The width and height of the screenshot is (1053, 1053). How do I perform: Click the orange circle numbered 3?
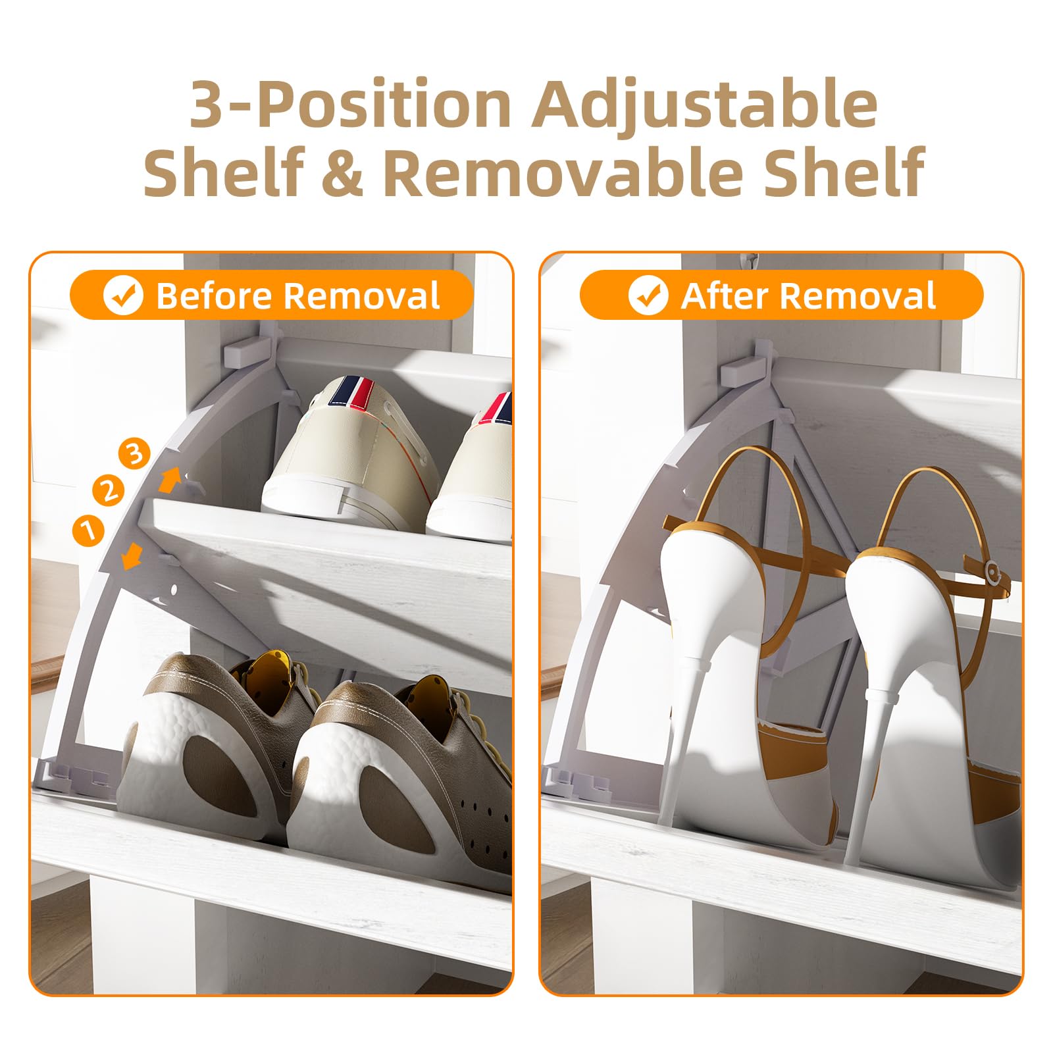(134, 454)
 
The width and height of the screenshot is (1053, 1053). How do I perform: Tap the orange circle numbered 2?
(109, 490)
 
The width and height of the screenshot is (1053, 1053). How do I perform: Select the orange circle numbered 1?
(88, 530)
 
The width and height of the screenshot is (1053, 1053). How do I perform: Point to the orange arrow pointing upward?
(170, 479)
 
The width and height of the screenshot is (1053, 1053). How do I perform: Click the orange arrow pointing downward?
(132, 557)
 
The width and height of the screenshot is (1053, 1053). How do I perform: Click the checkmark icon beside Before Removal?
(123, 295)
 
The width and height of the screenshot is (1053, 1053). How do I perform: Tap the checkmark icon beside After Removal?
(648, 295)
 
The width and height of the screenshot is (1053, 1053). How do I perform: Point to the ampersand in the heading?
(342, 172)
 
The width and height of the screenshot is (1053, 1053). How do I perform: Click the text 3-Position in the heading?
(349, 104)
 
